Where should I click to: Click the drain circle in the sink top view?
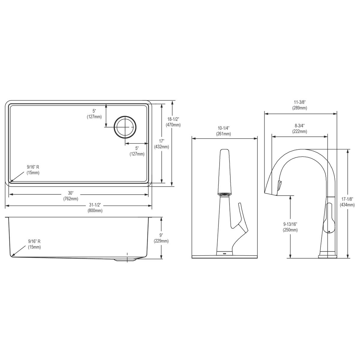pos(125,127)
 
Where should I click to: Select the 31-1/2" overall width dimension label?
pos(95,208)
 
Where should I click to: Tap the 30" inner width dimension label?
pos(71,196)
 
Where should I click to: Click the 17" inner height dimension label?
pos(161,144)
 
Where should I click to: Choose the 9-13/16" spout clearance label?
pos(290,227)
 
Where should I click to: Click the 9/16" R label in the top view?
pos(33,169)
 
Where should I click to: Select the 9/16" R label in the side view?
pos(34,244)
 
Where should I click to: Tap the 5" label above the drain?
pos(94,114)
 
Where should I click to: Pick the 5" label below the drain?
pos(137,151)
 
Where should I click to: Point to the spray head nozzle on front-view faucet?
pos(224,194)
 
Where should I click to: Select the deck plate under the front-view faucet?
pos(224,257)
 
